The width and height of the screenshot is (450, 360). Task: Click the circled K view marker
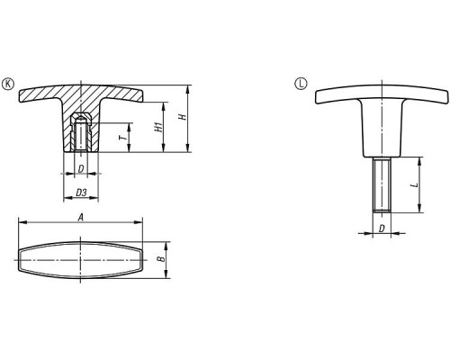click(8, 84)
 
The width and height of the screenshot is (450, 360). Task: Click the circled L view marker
click(301, 84)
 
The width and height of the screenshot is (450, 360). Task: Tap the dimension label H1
click(158, 127)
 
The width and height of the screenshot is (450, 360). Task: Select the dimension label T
click(122, 138)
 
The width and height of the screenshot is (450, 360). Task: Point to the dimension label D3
click(81, 193)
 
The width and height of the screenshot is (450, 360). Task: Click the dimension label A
click(80, 217)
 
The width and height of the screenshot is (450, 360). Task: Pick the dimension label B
click(162, 259)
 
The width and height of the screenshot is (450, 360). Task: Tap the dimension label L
click(415, 184)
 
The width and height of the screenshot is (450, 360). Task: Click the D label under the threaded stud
click(382, 229)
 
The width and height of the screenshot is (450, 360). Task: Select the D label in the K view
click(81, 169)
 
